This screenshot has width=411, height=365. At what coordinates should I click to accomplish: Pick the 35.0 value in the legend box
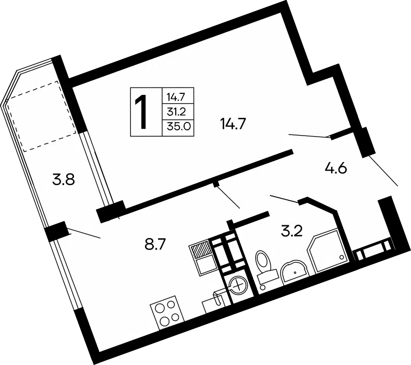tap(178, 127)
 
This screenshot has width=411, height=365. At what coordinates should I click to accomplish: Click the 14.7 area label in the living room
tap(233, 124)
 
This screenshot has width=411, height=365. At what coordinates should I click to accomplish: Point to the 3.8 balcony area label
tap(64, 180)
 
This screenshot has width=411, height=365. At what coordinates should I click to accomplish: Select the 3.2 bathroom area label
tap(292, 231)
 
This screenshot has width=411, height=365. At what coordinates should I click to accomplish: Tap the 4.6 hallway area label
tap(336, 168)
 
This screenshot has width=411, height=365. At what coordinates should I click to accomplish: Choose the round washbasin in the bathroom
tap(295, 272)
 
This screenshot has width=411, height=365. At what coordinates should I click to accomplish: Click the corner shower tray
tap(329, 251)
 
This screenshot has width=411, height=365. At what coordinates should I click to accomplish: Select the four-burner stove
tap(167, 312)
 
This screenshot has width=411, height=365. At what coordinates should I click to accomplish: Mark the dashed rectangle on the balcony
tap(42, 116)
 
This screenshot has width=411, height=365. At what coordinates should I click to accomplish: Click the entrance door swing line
tap(383, 171)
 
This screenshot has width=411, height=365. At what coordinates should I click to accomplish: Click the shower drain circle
tap(341, 257)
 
